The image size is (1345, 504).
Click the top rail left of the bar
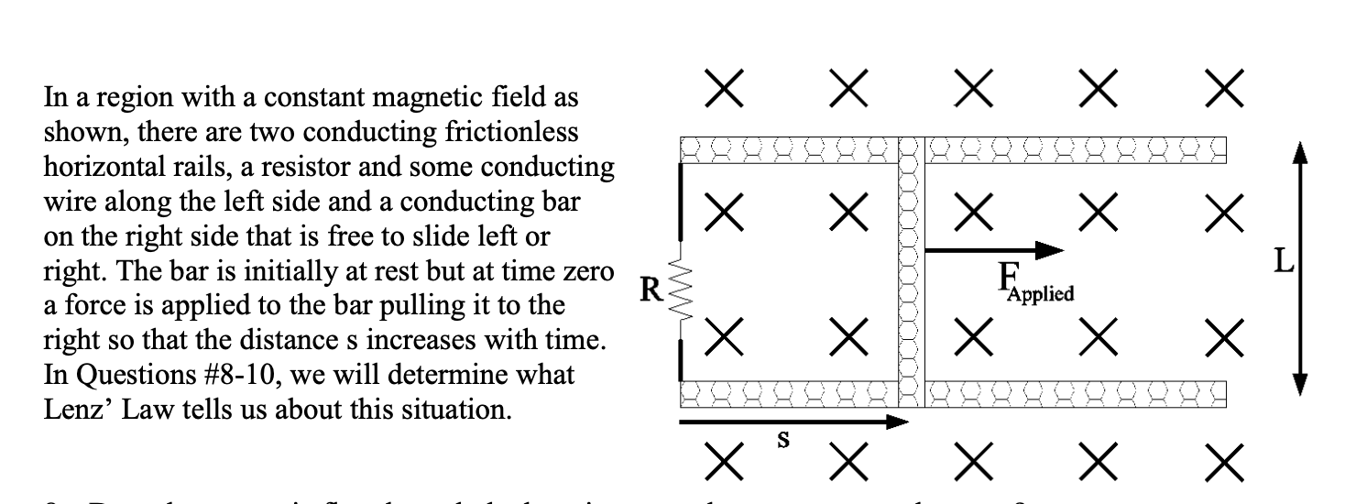[788, 148]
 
